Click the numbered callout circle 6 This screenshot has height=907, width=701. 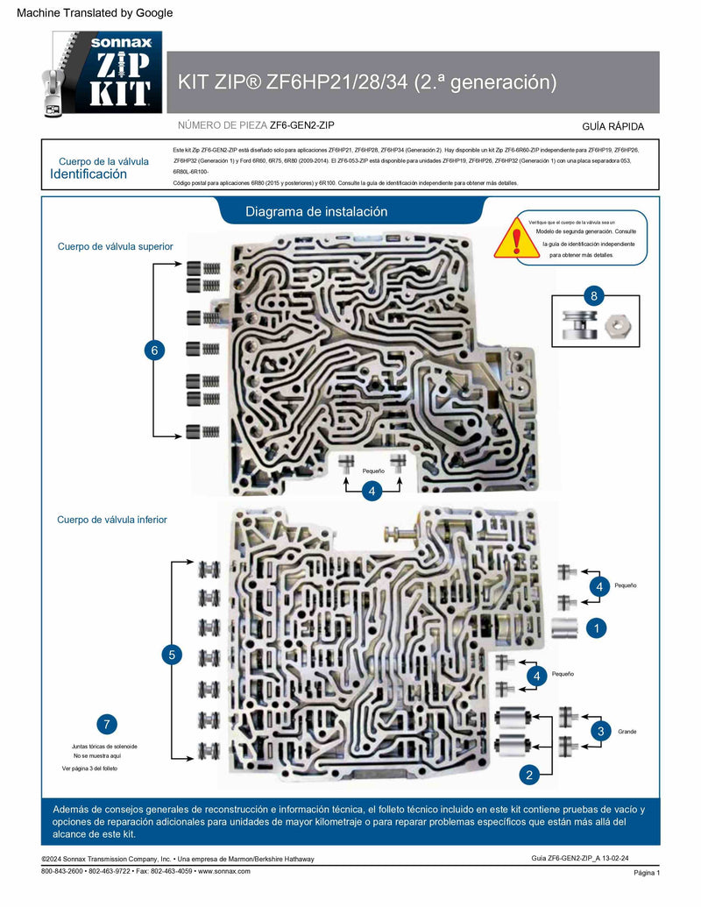tap(154, 351)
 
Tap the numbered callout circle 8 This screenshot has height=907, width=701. tap(594, 296)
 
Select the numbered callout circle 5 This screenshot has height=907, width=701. tap(172, 654)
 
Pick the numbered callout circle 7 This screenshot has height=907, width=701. tap(106, 724)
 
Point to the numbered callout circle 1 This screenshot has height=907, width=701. tap(597, 628)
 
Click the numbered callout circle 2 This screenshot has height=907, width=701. tap(528, 774)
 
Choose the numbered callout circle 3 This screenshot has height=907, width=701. tap(600, 731)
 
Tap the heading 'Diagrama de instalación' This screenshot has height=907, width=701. tap(316, 212)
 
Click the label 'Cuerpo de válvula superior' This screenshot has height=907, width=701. tap(115, 246)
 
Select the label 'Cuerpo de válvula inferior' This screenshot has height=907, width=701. tap(112, 520)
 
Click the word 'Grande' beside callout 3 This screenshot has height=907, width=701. tap(627, 731)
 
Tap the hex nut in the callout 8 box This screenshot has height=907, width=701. tap(615, 325)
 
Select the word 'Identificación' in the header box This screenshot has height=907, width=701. tap(89, 174)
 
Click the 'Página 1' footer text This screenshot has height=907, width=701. tap(646, 873)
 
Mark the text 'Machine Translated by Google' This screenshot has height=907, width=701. tap(95, 13)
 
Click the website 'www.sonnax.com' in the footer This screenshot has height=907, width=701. tap(224, 871)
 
